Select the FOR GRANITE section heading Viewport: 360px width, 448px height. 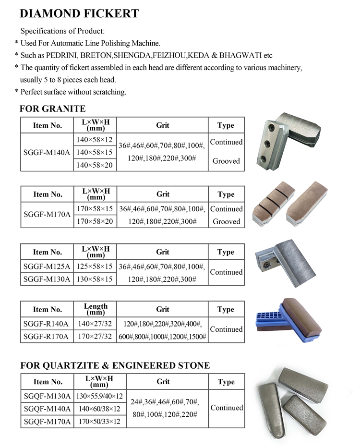(x=53, y=109)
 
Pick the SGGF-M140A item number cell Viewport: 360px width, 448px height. (x=47, y=152)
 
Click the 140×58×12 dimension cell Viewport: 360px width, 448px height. (x=95, y=140)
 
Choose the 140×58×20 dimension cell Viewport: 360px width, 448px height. (x=95, y=165)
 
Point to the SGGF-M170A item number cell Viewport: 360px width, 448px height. (x=47, y=215)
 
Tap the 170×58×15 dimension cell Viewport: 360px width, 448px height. (x=95, y=209)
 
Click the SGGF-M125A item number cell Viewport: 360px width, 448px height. (x=47, y=266)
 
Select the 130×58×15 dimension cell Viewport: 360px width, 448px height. (x=95, y=278)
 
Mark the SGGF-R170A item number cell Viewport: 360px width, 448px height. (x=47, y=336)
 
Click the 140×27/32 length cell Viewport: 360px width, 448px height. (x=95, y=324)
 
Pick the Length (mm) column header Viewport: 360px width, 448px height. (x=96, y=309)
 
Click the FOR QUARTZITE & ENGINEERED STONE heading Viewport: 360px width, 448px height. (x=115, y=365)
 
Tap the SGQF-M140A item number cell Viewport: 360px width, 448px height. (x=47, y=409)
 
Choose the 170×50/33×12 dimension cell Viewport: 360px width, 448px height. (x=99, y=422)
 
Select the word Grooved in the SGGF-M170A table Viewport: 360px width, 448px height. (x=226, y=221)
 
